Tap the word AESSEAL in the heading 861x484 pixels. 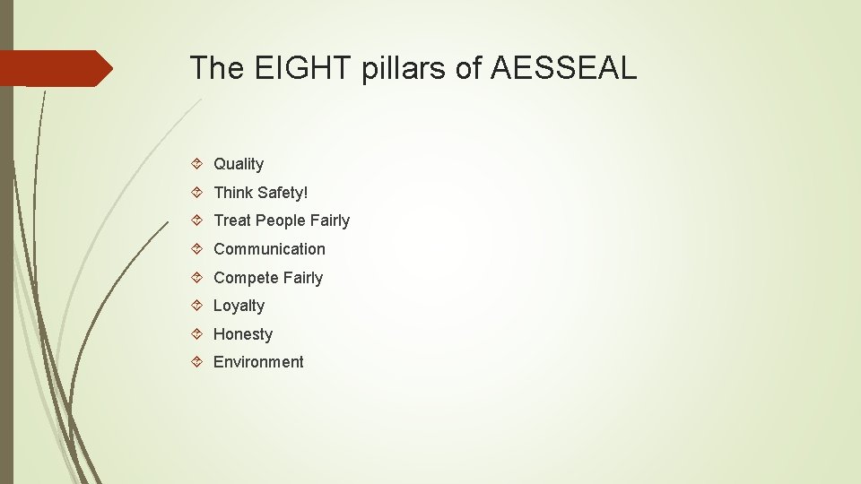coord(564,68)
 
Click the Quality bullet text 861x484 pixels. coord(239,164)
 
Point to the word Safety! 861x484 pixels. coord(283,193)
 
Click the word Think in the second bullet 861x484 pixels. coord(233,193)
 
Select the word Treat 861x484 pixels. coord(232,220)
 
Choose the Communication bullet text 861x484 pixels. coord(269,249)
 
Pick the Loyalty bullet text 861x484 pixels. coord(239,306)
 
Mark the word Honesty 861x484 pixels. coord(242,334)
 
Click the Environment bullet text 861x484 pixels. coord(258,362)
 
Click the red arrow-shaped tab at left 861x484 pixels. coord(54,68)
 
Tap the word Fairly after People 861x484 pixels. coord(330,220)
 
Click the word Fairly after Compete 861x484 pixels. coord(303,278)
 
